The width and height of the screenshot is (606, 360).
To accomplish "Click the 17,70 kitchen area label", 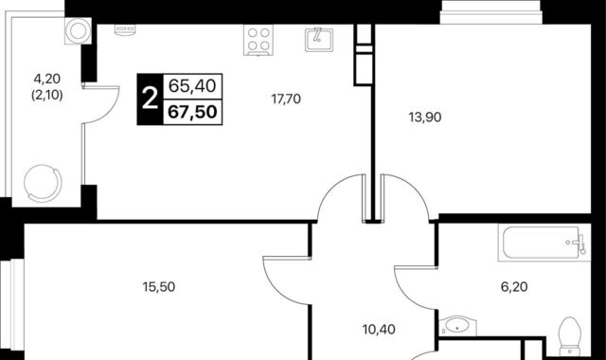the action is [x=286, y=99].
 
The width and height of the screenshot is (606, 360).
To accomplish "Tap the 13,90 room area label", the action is [x=425, y=117].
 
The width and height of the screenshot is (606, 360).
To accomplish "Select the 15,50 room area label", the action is [x=159, y=287].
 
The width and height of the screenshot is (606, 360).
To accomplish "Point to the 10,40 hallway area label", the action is [x=379, y=330].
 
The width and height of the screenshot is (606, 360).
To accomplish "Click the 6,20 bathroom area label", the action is [x=514, y=287].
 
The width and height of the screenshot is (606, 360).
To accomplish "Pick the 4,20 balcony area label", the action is [x=47, y=79].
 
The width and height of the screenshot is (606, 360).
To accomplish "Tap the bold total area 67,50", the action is [x=192, y=112].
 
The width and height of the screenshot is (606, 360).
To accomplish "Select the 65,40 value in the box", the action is [x=192, y=86].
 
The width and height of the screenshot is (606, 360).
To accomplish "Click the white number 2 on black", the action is [x=150, y=99].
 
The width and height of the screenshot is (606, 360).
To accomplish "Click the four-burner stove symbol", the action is [x=258, y=40].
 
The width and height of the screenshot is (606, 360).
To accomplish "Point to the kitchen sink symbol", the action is [x=319, y=40].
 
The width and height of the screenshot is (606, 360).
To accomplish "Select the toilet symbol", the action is [x=570, y=335].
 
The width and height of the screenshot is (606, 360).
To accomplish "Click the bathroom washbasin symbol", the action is [x=458, y=327].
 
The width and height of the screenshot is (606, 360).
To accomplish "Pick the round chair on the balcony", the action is [x=43, y=183].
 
